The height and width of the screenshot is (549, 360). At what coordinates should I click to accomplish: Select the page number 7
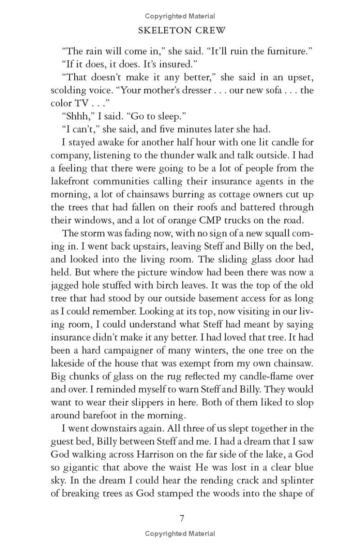[182, 518]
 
